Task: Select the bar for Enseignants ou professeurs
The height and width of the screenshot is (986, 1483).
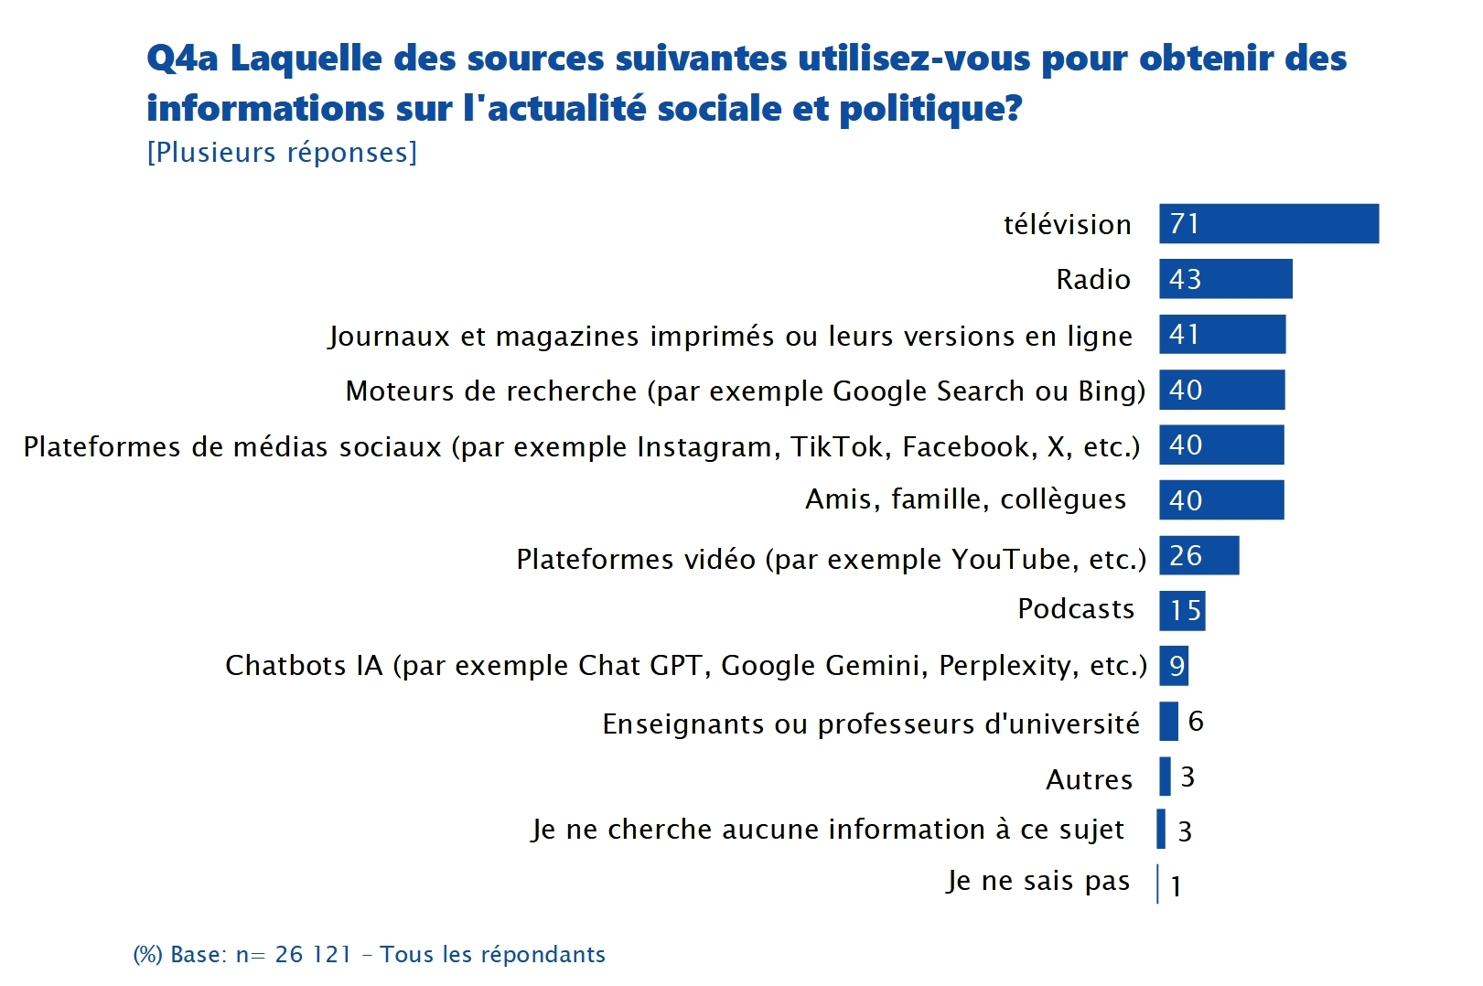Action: [1168, 722]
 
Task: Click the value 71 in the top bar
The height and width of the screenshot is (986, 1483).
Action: [1184, 224]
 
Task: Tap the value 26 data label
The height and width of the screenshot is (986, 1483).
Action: [1186, 555]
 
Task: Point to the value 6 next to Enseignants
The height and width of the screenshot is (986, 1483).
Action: [1196, 722]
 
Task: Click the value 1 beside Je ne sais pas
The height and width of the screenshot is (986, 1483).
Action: [1176, 885]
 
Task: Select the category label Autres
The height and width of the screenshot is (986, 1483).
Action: [1089, 779]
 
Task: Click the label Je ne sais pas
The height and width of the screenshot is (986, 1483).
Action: [1037, 881]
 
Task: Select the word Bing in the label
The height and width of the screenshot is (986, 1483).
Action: [1112, 391]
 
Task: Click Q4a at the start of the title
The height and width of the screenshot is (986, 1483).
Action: [182, 59]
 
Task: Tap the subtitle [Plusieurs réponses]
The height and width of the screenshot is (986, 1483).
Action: [282, 152]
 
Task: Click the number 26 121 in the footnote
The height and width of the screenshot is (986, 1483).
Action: [313, 954]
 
